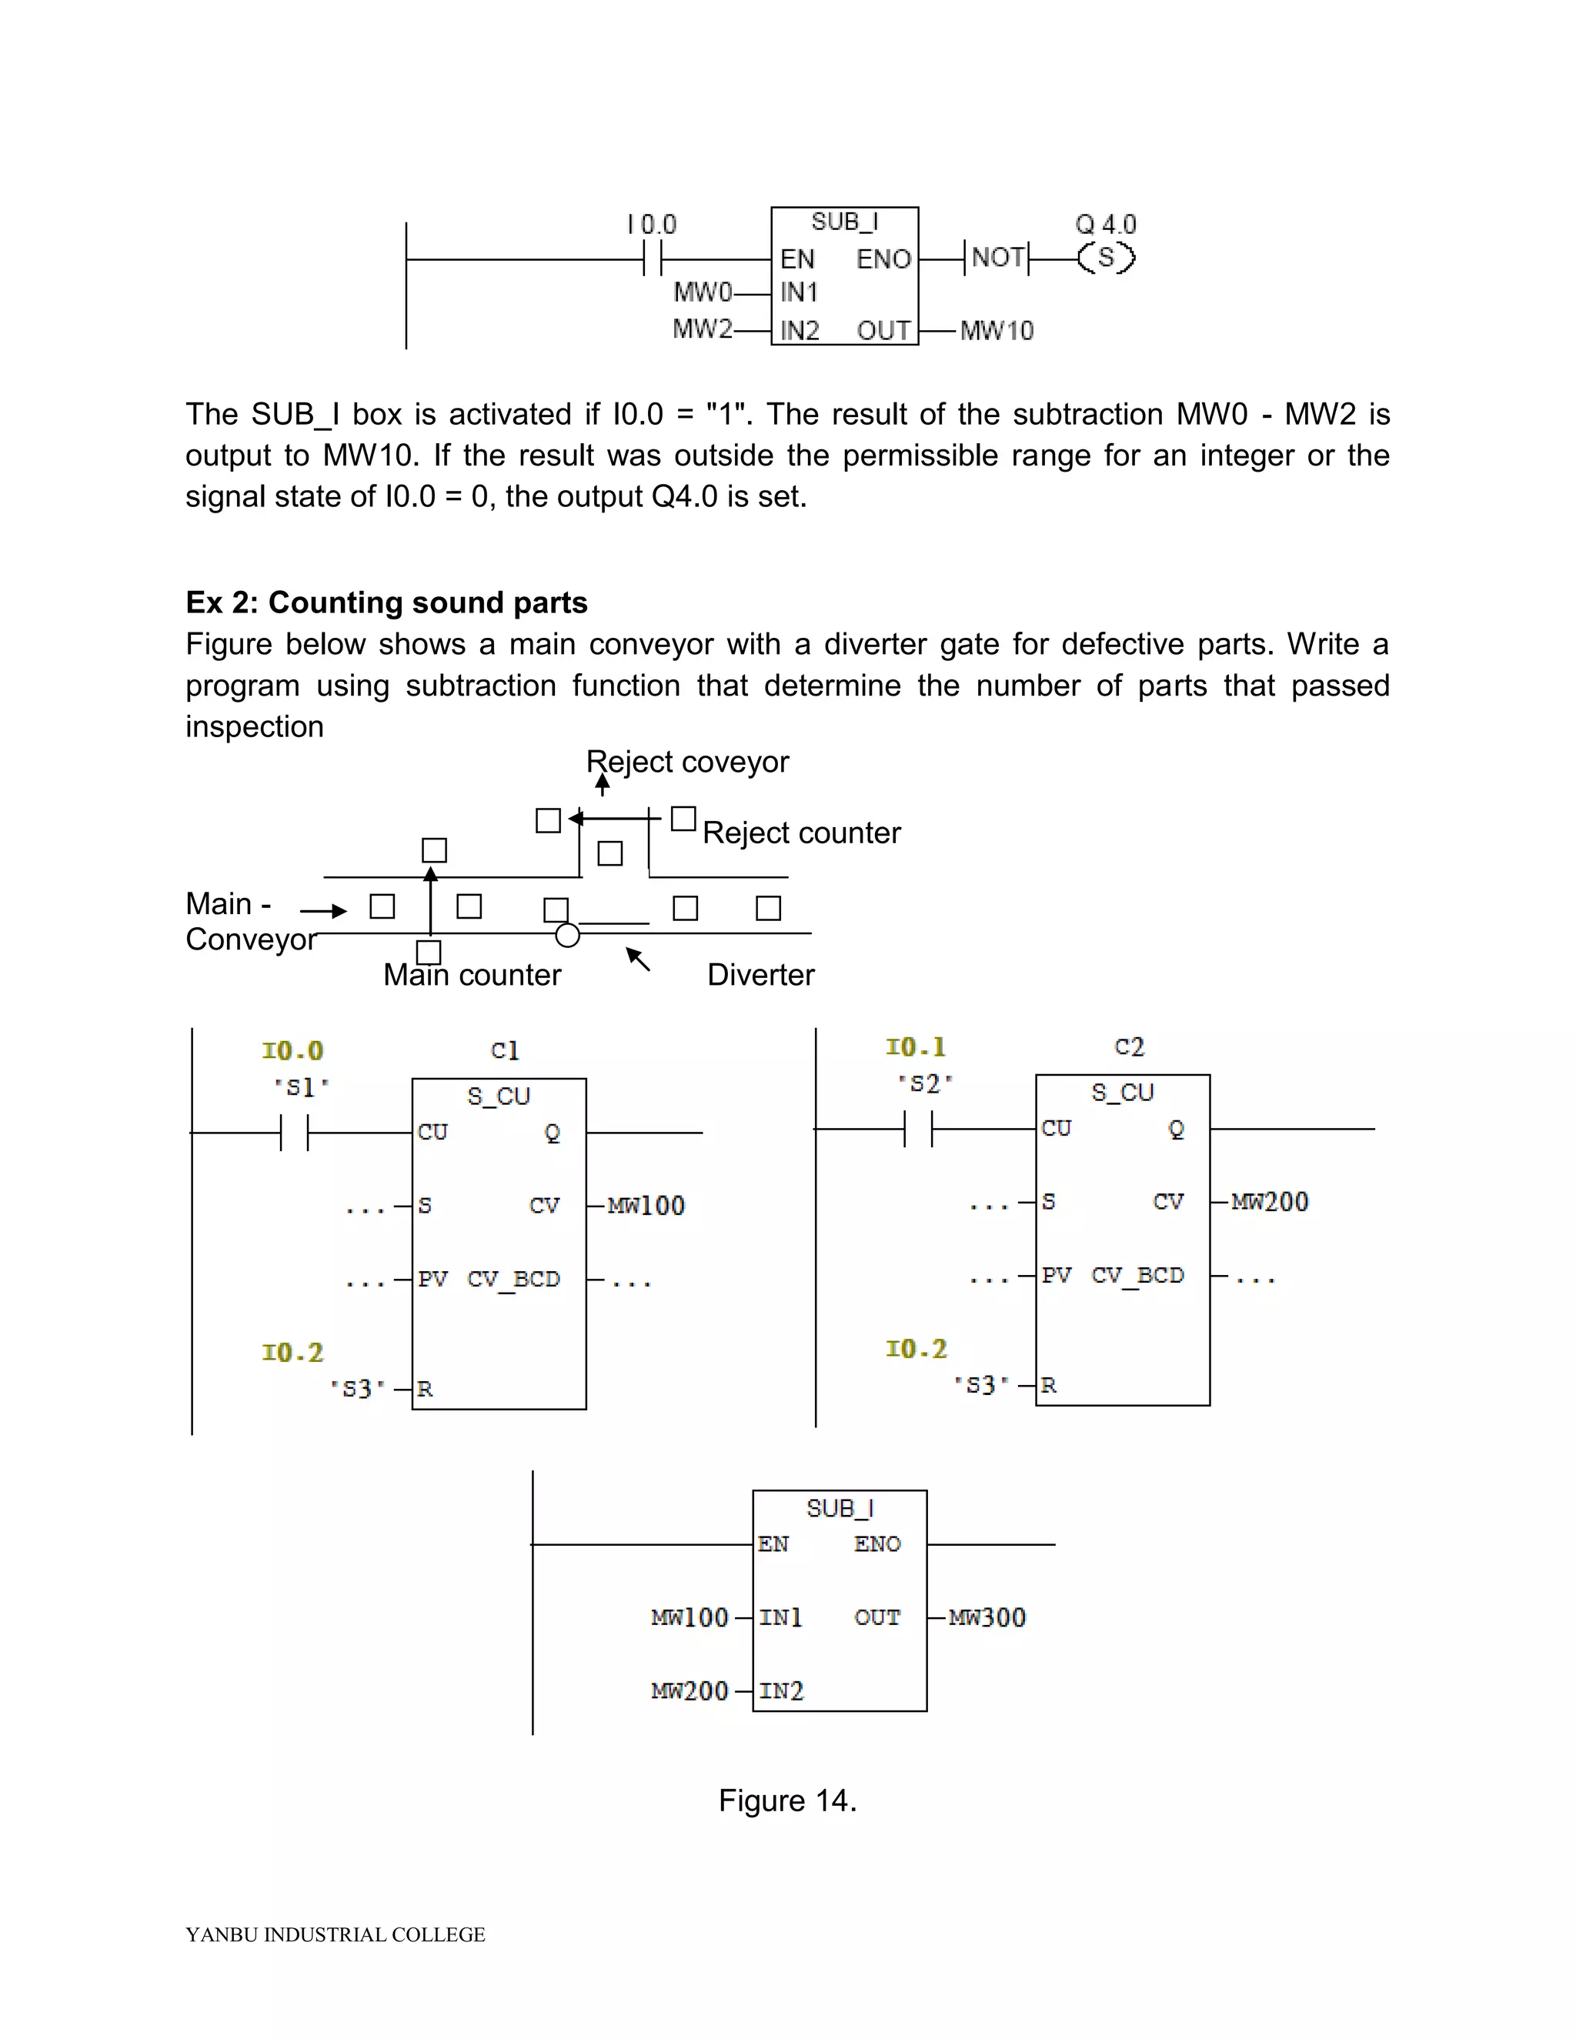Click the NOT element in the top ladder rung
[x=997, y=258]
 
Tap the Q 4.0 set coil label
[x=1106, y=225]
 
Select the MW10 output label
[x=997, y=331]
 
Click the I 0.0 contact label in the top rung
[x=652, y=225]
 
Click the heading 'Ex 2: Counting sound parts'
[x=386, y=603]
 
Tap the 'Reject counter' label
[x=801, y=833]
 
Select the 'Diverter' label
[x=760, y=975]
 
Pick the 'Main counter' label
[x=472, y=975]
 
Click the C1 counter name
[x=504, y=1050]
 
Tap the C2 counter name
[x=1129, y=1046]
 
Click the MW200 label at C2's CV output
[x=1270, y=1202]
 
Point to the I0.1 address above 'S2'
[x=916, y=1047]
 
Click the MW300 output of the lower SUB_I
[x=987, y=1618]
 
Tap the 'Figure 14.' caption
[x=787, y=1800]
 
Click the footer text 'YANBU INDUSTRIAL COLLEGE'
[x=336, y=1934]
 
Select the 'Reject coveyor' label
[x=687, y=762]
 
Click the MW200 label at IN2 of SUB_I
[x=689, y=1690]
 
